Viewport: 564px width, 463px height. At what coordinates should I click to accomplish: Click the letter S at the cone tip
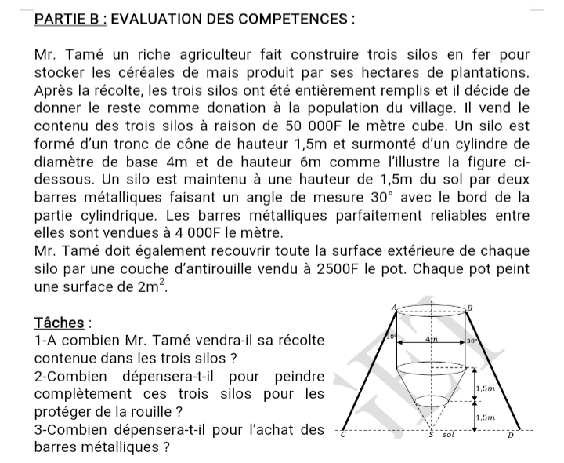(432, 435)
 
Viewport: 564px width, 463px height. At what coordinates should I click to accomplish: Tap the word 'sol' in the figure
(449, 434)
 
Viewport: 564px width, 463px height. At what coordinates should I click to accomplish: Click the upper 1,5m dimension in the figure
(485, 388)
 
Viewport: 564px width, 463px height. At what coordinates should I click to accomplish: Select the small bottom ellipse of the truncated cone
(432, 401)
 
